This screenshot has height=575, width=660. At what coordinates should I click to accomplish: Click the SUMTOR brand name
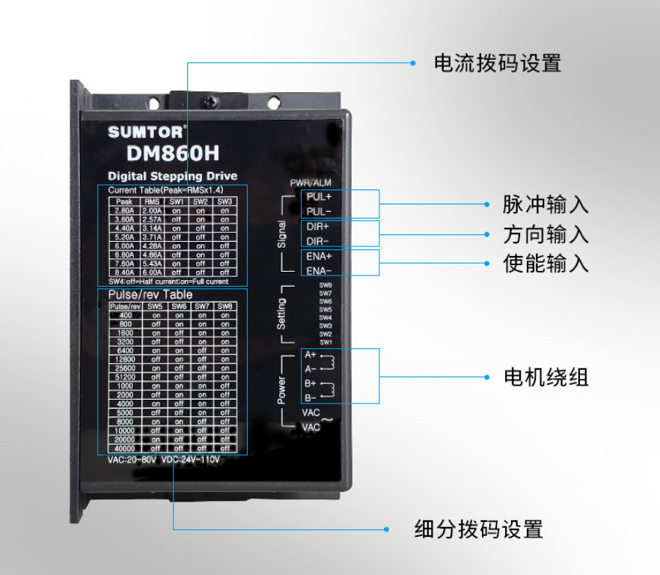click(144, 132)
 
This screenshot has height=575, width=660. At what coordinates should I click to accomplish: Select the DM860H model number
click(172, 153)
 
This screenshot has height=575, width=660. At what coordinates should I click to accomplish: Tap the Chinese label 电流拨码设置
click(497, 63)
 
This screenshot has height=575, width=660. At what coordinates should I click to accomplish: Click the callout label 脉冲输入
click(546, 204)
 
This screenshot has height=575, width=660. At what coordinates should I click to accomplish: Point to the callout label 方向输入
click(546, 234)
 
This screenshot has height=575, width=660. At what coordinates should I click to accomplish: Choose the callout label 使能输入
click(546, 264)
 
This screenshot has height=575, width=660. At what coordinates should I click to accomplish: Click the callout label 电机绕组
click(546, 377)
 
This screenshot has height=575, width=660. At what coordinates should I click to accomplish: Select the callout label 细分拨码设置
click(478, 529)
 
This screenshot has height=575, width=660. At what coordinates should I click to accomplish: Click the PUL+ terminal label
click(319, 197)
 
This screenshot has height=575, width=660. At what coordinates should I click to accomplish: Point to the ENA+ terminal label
click(319, 256)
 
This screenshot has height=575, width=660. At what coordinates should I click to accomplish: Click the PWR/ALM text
click(311, 183)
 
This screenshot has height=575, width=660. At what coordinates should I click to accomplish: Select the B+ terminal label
click(310, 383)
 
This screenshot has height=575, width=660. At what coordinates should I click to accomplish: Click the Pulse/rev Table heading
click(145, 295)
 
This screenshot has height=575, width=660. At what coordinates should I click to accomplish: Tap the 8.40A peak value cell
click(123, 273)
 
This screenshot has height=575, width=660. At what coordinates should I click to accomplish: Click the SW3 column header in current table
click(224, 201)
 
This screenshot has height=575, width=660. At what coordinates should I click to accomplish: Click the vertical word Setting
click(282, 314)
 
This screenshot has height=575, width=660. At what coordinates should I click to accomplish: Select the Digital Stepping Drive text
click(172, 176)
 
